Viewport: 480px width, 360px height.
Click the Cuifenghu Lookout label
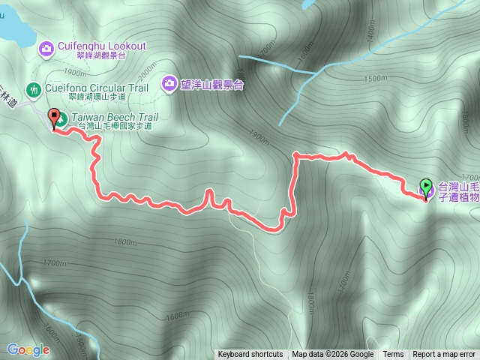101,46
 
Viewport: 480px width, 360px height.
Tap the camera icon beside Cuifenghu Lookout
45,49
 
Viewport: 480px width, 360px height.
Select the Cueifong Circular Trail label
97,88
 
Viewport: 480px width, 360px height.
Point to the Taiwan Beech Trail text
115,117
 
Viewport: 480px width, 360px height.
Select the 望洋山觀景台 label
213,83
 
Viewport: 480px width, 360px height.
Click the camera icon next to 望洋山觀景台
170,82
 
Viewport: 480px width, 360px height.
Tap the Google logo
28,349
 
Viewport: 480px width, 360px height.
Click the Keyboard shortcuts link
250,355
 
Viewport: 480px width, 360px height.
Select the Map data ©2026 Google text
333,355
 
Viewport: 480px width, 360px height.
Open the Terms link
393,355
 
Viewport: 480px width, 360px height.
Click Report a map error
444,355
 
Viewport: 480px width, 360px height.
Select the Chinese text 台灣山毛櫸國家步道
115,126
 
